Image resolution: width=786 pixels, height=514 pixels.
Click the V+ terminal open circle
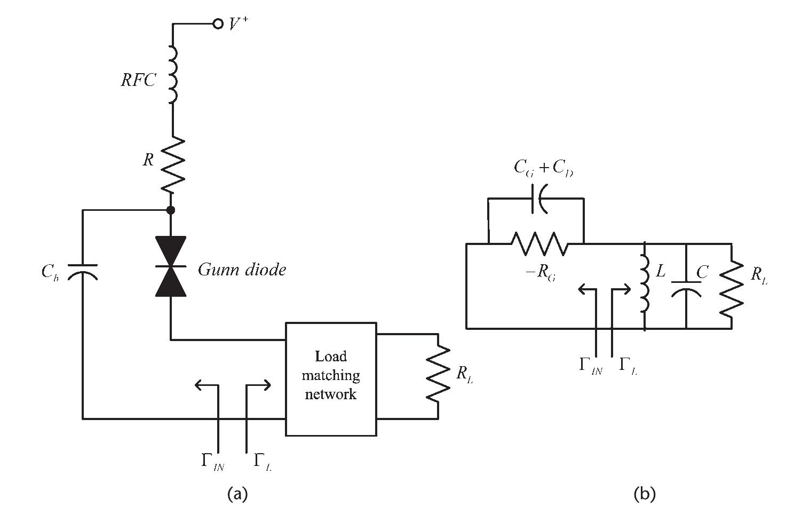pos(218,24)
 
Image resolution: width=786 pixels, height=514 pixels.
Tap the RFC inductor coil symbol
pos(172,74)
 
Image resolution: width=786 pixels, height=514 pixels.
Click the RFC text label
pos(138,80)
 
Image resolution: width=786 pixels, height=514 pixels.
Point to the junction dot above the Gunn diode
pos(171,210)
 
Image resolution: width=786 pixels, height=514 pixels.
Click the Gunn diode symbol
pos(171,266)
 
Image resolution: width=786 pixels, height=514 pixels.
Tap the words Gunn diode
pos(242,270)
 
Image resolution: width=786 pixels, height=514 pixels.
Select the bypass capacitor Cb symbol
pos(83,272)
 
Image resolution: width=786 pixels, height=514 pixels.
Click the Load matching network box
pos(331,378)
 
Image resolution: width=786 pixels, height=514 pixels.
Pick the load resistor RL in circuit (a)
pos(438,374)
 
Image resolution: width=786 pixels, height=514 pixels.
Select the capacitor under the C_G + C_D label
pos(541,199)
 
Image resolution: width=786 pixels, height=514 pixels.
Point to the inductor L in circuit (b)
pos(645,286)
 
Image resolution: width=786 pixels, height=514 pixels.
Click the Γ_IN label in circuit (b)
pos(590,366)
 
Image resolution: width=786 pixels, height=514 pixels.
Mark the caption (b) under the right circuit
pos(644,494)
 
